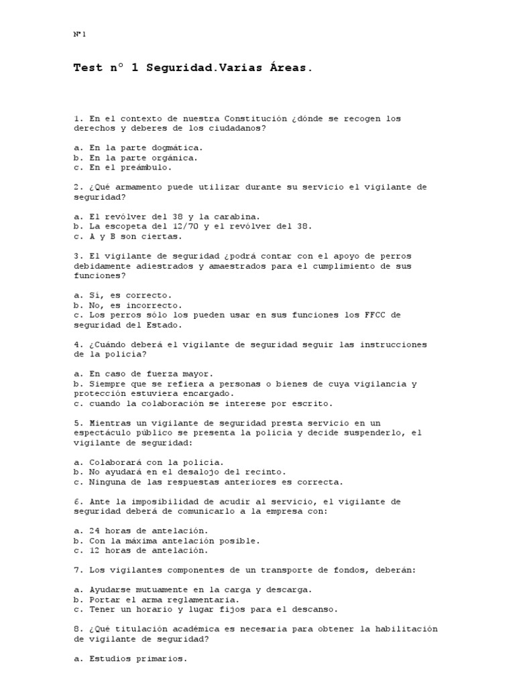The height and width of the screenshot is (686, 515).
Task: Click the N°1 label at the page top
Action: pyautogui.click(x=80, y=34)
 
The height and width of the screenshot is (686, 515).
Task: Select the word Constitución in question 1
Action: pyautogui.click(x=253, y=119)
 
